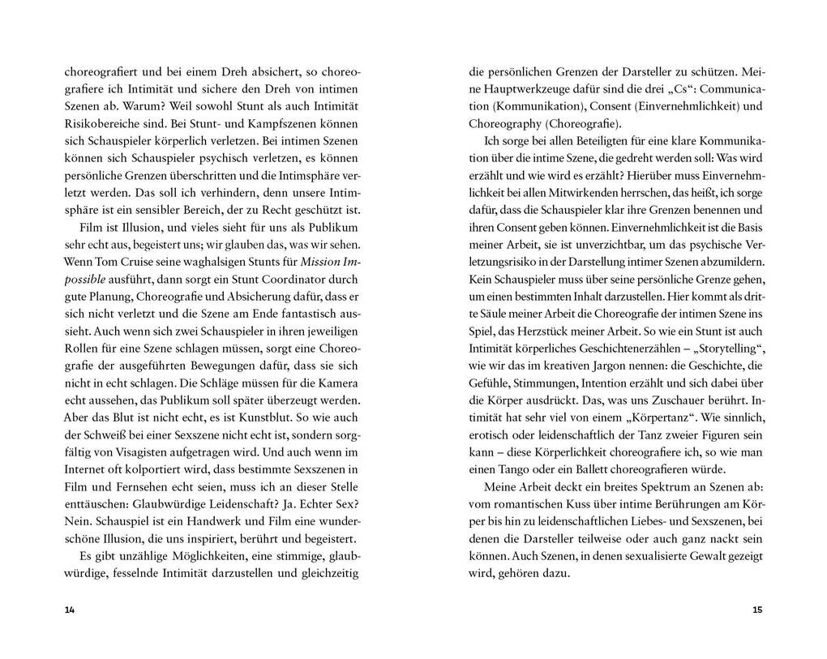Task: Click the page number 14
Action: pyautogui.click(x=69, y=610)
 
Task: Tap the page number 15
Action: pyautogui.click(x=757, y=610)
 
